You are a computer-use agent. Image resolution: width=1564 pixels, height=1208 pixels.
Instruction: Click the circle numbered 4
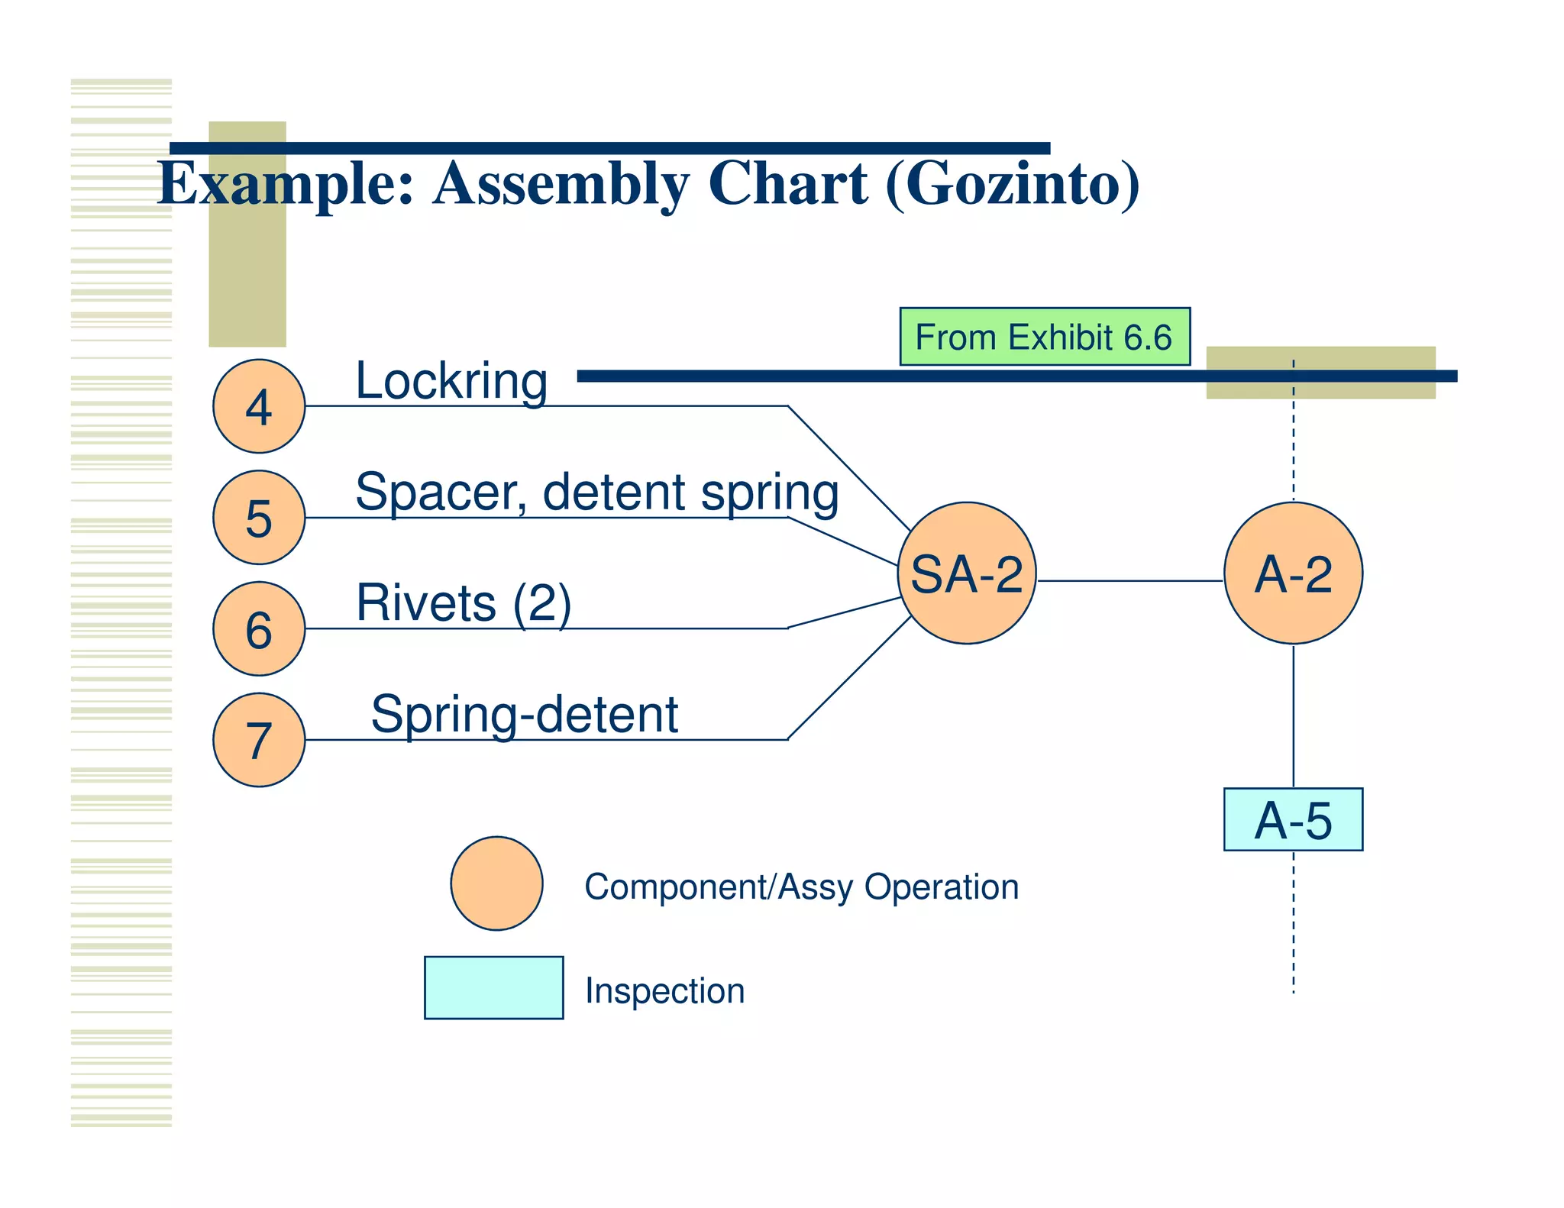click(259, 406)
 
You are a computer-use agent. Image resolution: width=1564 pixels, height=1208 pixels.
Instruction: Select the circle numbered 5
click(259, 518)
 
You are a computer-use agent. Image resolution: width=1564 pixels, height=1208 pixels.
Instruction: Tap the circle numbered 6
click(259, 628)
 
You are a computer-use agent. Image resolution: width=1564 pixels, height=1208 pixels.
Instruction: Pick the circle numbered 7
click(259, 740)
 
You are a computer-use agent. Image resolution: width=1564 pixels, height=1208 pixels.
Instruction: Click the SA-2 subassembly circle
click(967, 573)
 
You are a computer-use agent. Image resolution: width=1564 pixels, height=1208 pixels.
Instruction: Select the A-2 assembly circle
click(1293, 573)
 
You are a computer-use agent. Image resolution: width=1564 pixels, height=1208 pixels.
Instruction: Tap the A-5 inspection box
click(1293, 819)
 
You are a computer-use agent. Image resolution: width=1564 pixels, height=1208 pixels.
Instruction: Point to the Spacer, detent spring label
click(597, 492)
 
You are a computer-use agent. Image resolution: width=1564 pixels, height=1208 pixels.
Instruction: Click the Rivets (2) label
click(464, 603)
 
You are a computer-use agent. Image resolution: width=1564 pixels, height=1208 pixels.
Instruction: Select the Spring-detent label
click(525, 715)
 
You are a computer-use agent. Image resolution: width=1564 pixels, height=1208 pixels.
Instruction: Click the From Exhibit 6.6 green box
click(1045, 337)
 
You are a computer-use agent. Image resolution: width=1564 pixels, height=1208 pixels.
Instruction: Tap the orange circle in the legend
click(496, 883)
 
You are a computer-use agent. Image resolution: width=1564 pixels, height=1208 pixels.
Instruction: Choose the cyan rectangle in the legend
click(494, 987)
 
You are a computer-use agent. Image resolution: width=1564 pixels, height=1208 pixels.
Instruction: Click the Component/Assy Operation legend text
click(801, 887)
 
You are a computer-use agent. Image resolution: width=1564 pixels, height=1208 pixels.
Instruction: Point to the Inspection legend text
click(664, 991)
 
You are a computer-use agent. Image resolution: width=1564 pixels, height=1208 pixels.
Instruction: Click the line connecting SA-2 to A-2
click(1130, 581)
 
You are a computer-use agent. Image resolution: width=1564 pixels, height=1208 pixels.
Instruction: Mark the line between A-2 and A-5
click(1293, 716)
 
